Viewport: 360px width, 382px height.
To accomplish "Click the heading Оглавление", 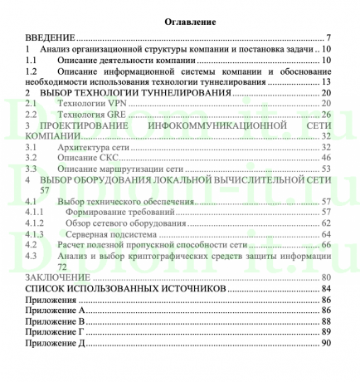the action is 179,20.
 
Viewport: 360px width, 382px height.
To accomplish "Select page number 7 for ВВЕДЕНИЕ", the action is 328,38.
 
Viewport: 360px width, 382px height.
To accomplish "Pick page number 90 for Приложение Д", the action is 326,342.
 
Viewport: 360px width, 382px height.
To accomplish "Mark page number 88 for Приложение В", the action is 326,321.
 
